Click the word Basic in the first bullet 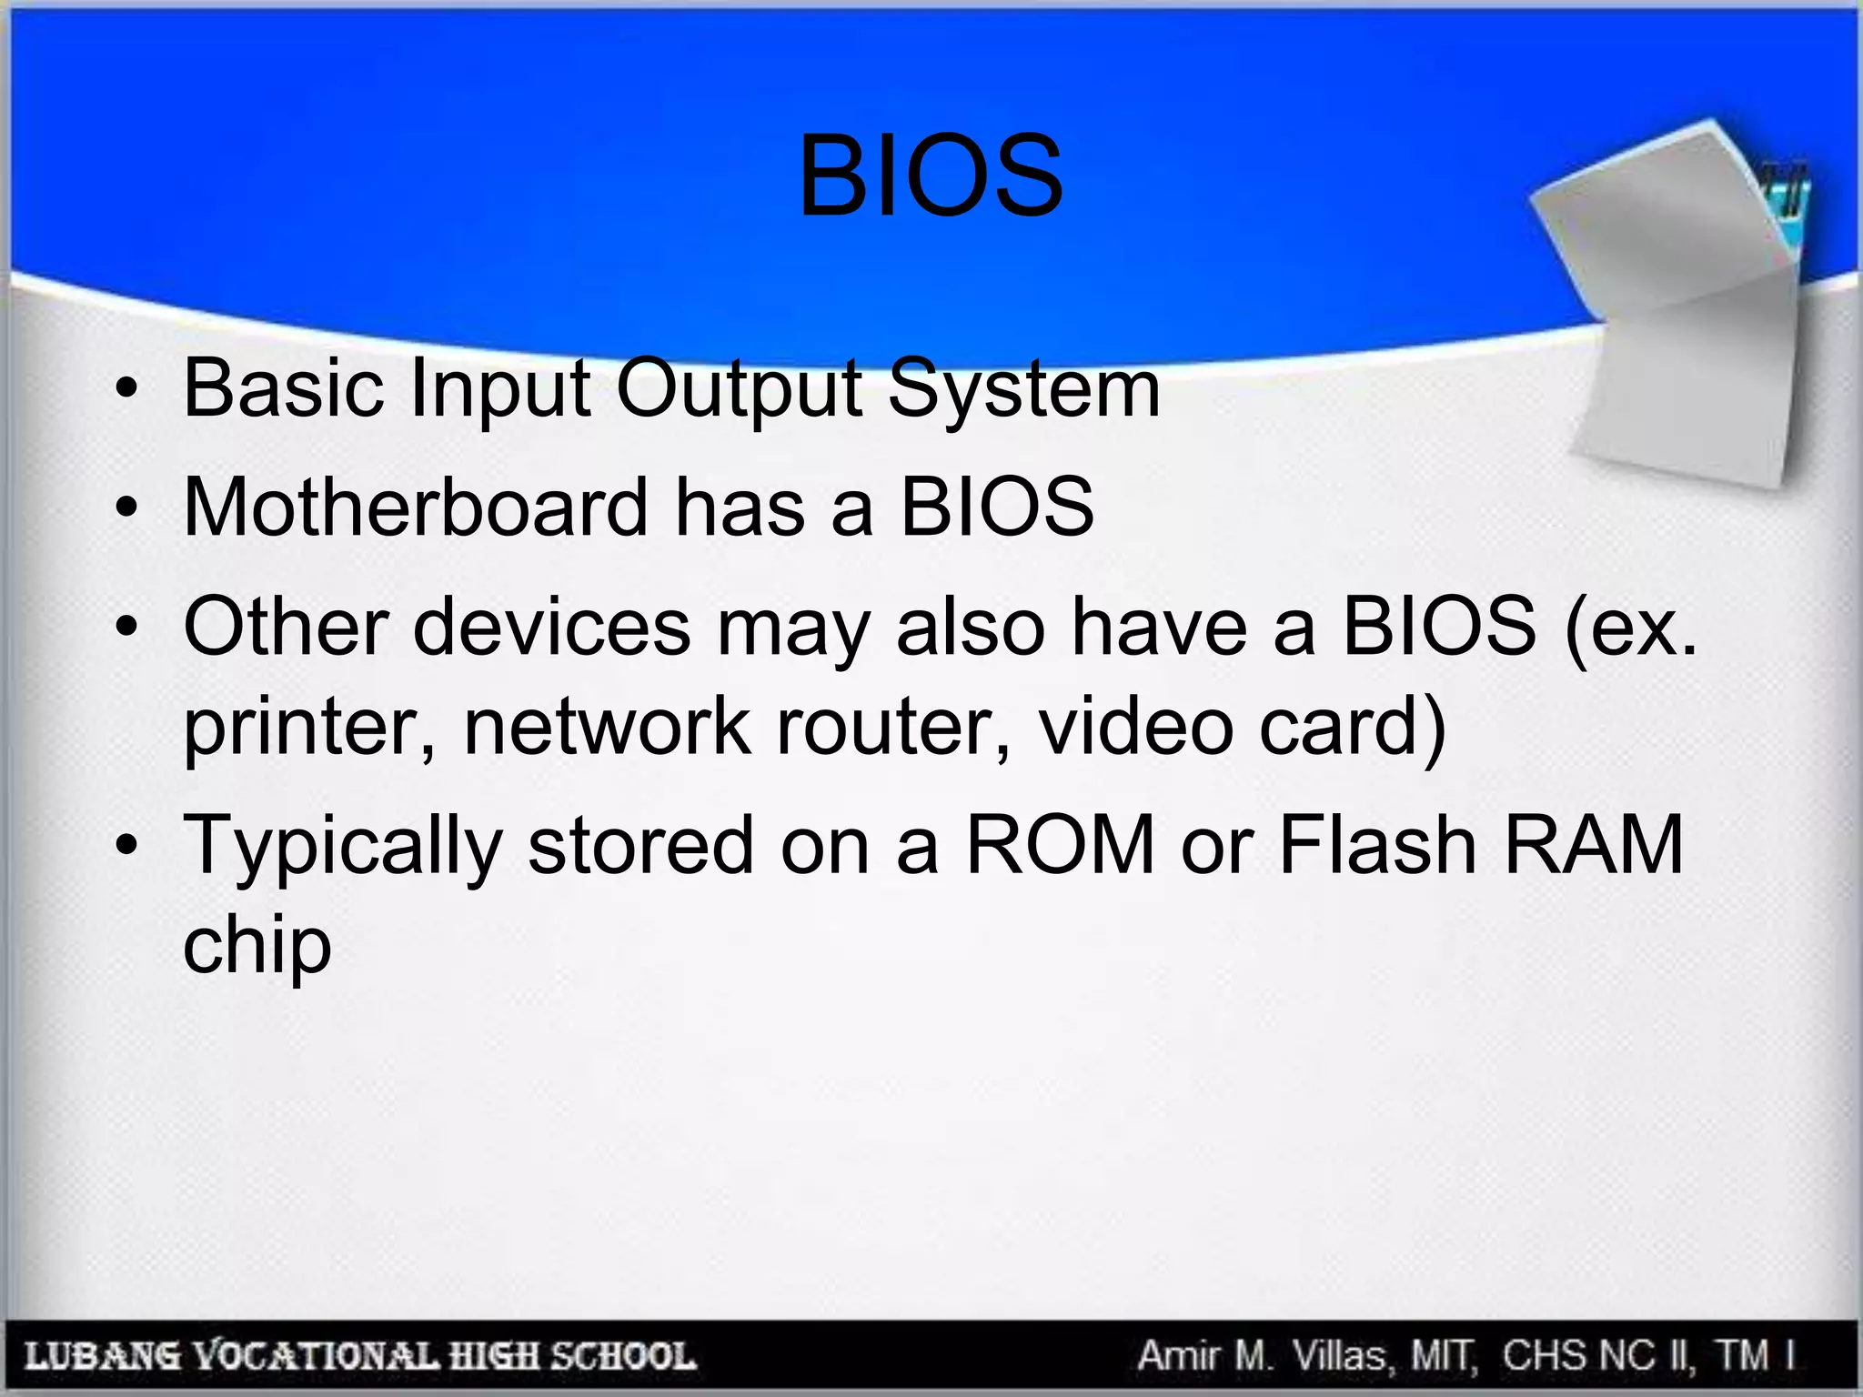pos(283,388)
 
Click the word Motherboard pos(416,507)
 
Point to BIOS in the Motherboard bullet pos(997,507)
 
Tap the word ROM pos(1060,846)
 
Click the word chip pos(257,946)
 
